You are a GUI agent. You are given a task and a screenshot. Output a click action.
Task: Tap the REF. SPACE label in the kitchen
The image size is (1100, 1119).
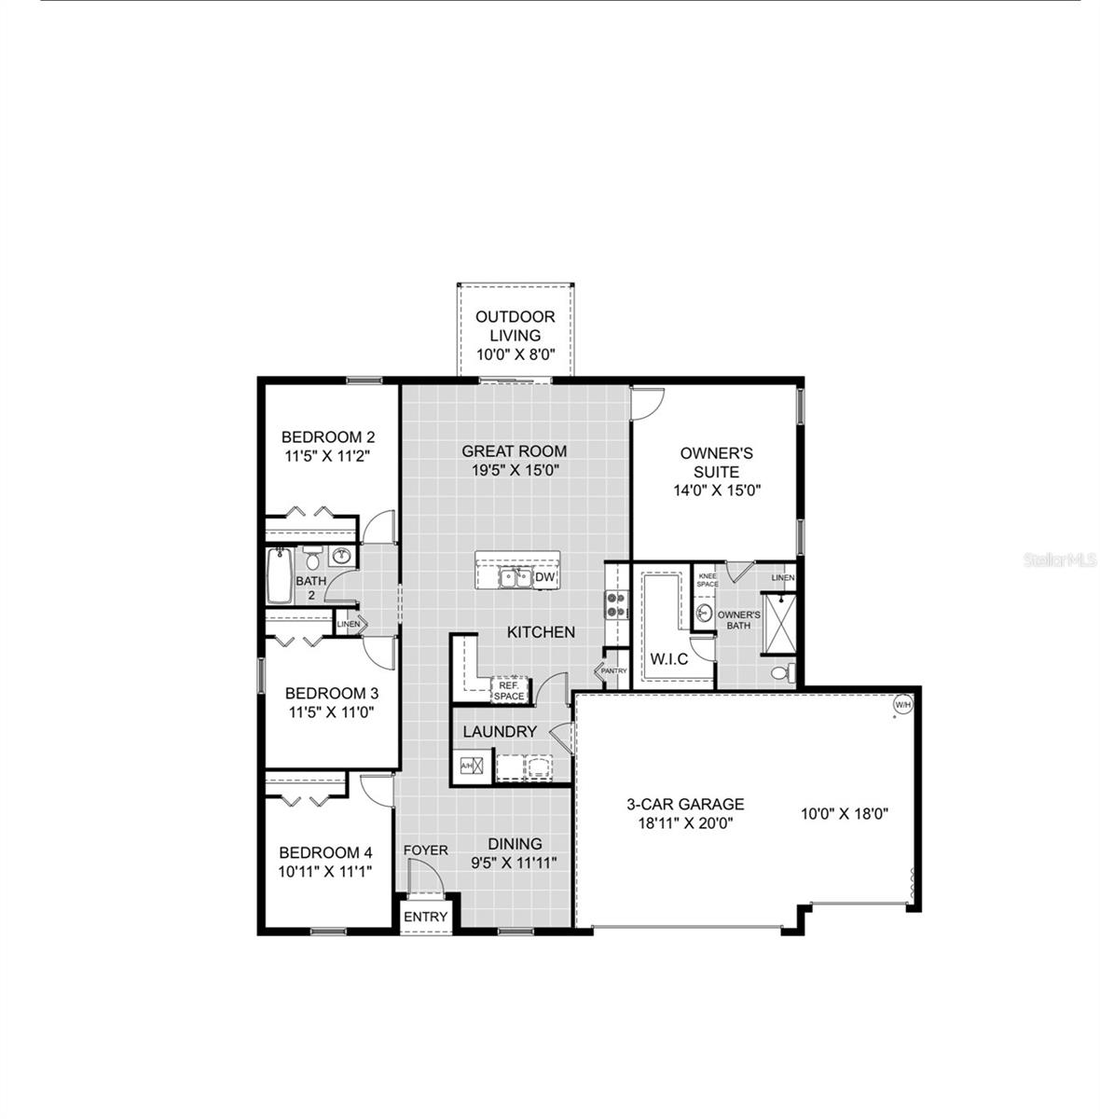(x=509, y=690)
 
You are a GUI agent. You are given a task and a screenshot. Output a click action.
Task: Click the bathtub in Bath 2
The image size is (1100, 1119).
(x=279, y=576)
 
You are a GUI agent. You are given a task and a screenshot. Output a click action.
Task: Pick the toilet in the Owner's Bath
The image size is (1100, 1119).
(x=781, y=672)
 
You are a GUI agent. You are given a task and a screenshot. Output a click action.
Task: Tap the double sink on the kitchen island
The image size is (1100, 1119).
(x=514, y=578)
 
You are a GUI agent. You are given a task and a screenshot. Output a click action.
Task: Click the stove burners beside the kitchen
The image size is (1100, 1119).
(x=615, y=605)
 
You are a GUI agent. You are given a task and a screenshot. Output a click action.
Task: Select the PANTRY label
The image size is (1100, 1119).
(x=613, y=670)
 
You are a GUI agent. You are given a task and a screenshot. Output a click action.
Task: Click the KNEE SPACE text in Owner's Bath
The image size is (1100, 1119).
(x=708, y=580)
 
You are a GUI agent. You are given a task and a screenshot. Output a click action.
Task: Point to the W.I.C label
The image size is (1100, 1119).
(x=668, y=659)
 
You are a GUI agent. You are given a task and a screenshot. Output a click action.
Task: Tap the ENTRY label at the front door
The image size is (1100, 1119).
(x=426, y=917)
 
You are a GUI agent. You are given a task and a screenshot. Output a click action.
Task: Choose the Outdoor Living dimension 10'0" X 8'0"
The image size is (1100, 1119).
(x=516, y=354)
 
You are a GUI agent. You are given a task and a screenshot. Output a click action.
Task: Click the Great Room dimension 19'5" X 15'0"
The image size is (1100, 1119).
(x=515, y=471)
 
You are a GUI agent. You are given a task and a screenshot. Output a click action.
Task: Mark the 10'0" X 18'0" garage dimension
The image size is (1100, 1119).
(x=845, y=813)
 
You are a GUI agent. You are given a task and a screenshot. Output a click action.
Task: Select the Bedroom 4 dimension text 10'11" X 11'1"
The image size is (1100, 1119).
(x=325, y=872)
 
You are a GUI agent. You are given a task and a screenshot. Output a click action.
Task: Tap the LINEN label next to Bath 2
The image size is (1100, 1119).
(x=348, y=624)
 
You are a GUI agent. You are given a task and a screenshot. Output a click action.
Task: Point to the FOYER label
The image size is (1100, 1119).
(x=426, y=850)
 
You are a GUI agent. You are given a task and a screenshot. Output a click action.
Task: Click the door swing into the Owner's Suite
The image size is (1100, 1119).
(x=646, y=403)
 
